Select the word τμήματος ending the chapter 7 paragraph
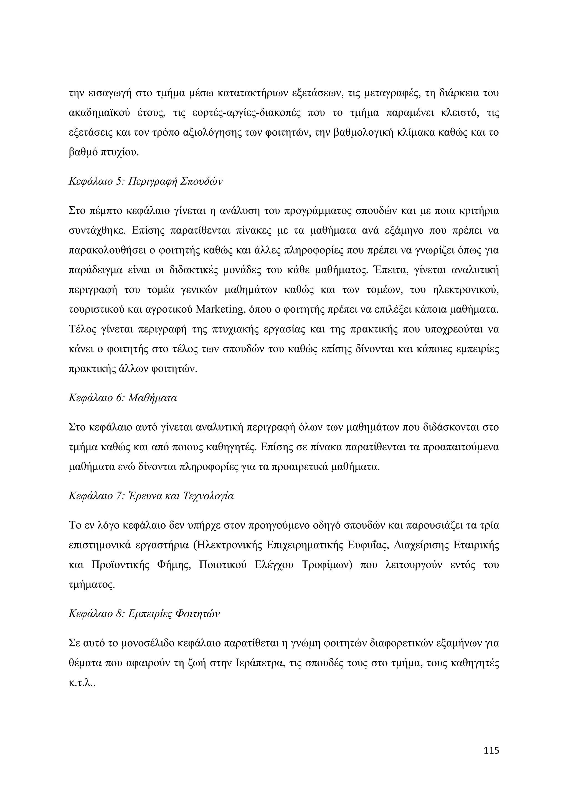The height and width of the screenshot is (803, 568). point(92,585)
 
